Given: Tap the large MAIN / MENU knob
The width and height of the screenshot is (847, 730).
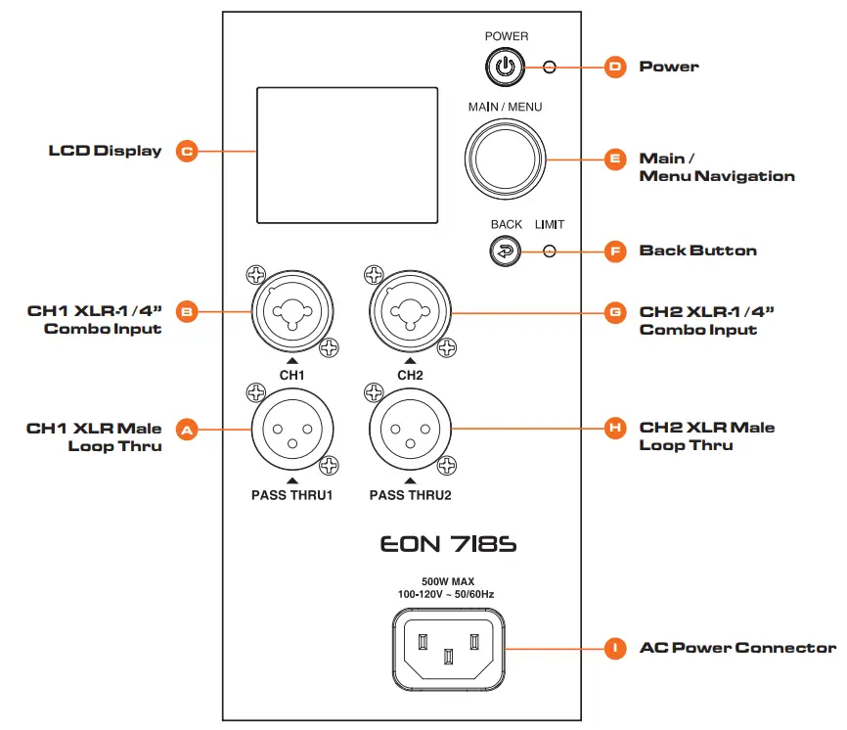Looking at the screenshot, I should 505,158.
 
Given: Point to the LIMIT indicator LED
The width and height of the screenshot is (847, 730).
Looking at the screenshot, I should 550,251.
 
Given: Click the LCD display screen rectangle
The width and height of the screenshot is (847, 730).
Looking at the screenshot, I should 346,155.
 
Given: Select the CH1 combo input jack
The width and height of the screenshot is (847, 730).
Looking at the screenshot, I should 291,312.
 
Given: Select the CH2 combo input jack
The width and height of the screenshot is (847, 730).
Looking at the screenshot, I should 409,312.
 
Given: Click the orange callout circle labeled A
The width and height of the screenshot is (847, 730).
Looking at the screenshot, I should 187,429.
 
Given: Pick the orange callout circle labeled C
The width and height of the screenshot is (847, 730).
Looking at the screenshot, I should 187,152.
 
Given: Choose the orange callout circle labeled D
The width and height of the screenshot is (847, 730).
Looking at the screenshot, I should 615,67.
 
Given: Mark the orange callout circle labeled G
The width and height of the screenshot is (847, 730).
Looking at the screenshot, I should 615,312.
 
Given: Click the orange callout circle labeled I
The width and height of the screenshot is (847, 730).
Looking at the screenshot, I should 615,648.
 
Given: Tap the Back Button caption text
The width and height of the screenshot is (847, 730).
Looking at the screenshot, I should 697,251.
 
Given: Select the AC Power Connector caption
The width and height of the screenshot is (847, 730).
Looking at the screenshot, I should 737,648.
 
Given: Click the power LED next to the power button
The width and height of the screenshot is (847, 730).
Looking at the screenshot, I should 550,67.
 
